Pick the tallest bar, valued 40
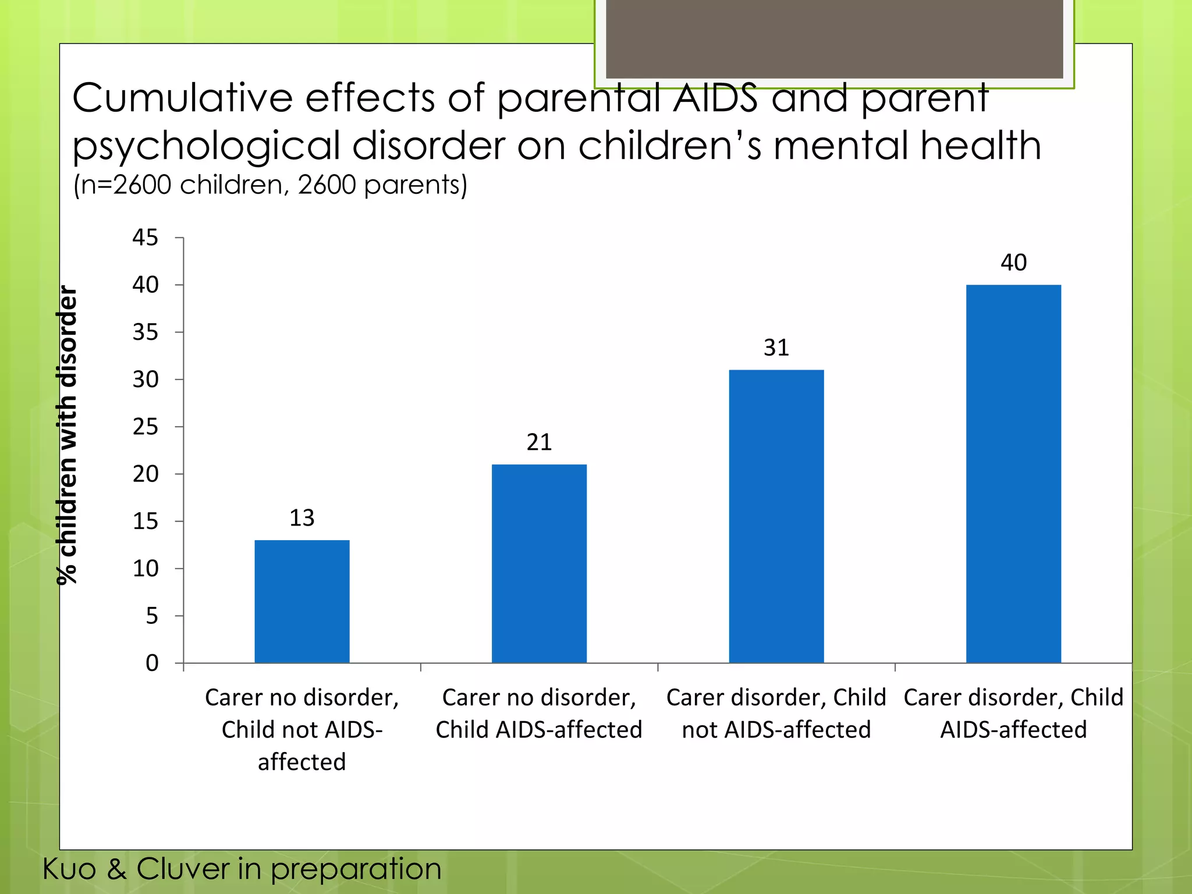(1013, 474)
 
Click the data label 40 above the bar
(1013, 262)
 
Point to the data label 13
(302, 518)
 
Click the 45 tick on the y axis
(145, 237)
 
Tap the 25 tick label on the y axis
(145, 427)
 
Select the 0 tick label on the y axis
(151, 663)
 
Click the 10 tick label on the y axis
(145, 569)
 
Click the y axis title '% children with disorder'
(68, 435)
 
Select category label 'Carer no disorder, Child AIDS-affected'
(539, 714)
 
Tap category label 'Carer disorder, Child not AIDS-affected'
(776, 714)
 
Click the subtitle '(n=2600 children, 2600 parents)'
(270, 185)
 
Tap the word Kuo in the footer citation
(69, 870)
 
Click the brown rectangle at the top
(834, 38)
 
